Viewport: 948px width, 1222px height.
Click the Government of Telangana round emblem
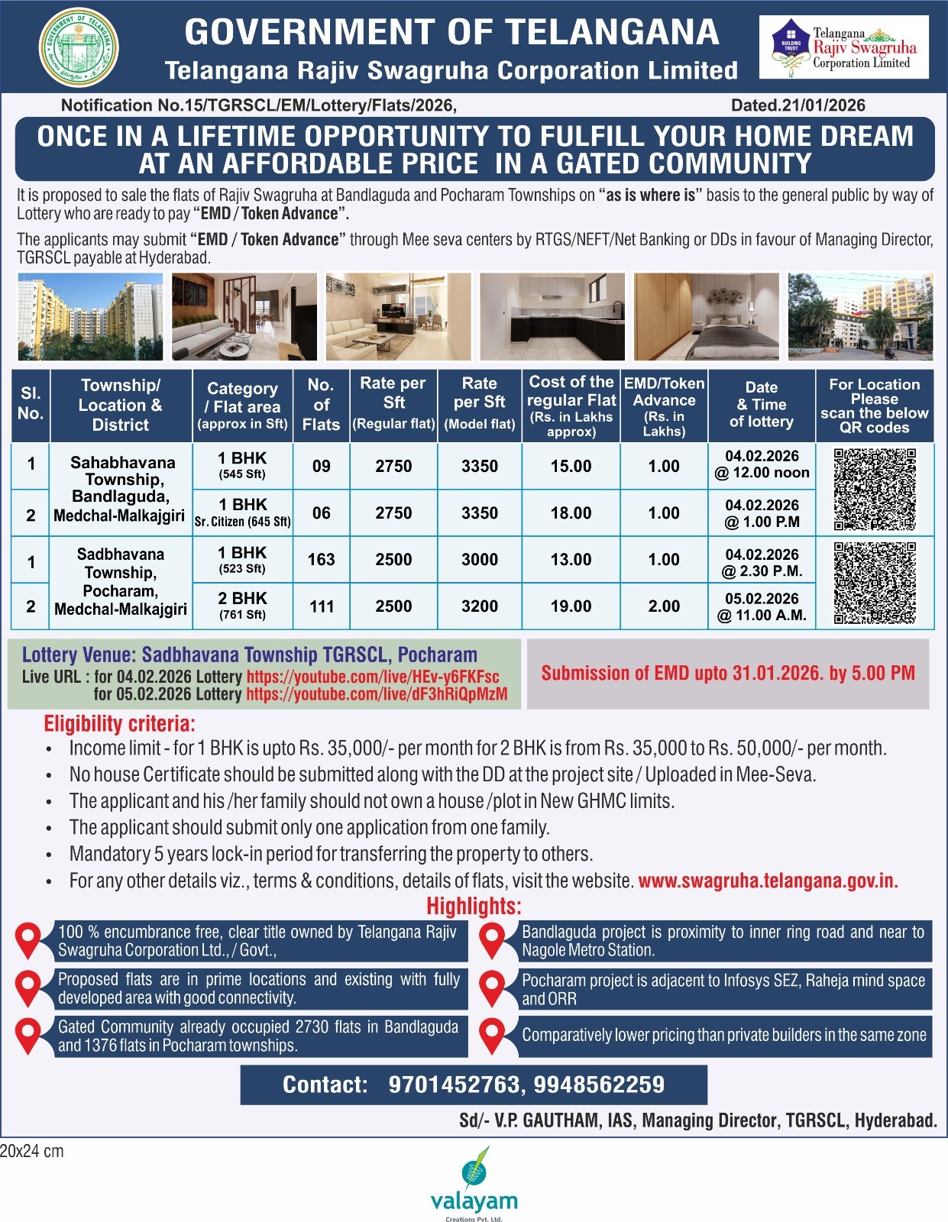79,48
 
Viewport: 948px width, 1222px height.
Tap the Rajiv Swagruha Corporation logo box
844,48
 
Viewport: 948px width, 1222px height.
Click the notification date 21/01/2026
798,105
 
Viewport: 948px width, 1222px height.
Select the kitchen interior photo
552,316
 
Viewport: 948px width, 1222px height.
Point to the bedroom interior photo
707,316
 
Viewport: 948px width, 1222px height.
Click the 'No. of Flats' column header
321,405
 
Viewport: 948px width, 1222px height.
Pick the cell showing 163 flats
321,560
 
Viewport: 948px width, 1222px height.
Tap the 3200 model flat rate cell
480,606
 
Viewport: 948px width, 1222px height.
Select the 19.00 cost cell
571,606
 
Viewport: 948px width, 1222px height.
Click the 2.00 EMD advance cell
664,606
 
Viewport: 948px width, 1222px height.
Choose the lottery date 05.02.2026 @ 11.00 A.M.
762,606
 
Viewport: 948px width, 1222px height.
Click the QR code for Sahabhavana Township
875,490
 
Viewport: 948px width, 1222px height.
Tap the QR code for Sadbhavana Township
875,583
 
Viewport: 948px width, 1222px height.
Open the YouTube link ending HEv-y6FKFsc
373,677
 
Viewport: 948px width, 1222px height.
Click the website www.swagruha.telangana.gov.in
768,881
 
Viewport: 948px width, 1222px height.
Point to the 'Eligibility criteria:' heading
119,723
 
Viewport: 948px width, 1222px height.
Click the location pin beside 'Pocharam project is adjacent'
493,989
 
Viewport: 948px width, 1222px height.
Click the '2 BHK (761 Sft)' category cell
242,606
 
